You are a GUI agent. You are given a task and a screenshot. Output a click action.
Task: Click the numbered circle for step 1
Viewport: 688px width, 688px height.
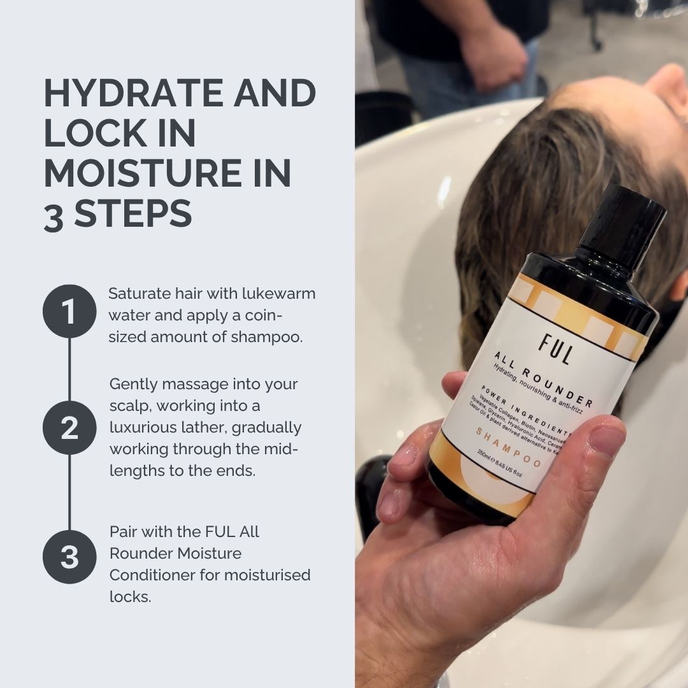pyautogui.click(x=69, y=312)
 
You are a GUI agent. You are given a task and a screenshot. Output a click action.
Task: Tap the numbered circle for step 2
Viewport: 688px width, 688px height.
pyautogui.click(x=69, y=428)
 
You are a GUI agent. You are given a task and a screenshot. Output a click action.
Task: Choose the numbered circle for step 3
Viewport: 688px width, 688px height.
pyautogui.click(x=69, y=556)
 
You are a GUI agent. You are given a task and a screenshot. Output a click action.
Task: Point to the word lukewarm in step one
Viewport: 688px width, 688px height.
pyautogui.click(x=279, y=294)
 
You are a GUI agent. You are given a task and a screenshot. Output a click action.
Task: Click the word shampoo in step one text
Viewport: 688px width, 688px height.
pyautogui.click(x=270, y=337)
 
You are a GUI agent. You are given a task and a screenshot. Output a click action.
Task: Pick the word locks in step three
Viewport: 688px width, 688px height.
pyautogui.click(x=129, y=598)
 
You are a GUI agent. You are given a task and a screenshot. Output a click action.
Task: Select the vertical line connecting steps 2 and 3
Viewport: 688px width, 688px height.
pyautogui.click(x=69, y=491)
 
